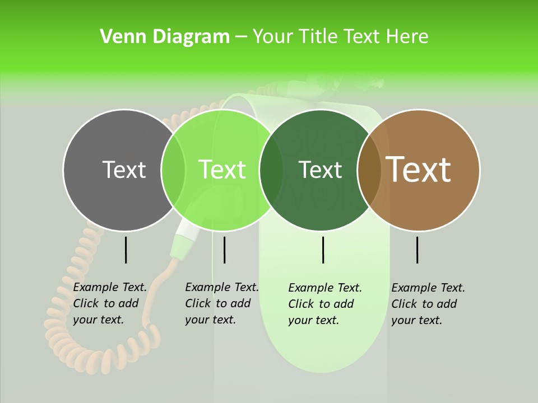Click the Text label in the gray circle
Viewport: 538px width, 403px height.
(x=124, y=170)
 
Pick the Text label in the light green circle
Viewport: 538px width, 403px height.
(x=222, y=170)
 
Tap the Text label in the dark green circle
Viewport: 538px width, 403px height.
(x=320, y=170)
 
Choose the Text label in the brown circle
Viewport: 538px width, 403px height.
(x=419, y=170)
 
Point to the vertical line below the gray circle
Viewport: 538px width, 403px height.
(x=126, y=250)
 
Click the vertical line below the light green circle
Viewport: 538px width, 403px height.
(x=224, y=250)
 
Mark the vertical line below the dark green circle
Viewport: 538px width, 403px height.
(x=323, y=250)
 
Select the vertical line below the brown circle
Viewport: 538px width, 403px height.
(x=418, y=250)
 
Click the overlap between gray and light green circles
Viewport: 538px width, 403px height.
(x=173, y=170)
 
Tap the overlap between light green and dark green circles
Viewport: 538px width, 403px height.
(x=271, y=170)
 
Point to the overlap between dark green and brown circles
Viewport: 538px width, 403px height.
(x=369, y=170)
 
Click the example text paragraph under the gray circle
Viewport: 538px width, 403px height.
(x=110, y=303)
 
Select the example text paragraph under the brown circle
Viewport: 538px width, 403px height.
(x=428, y=304)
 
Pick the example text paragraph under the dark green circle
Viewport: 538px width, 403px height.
(x=325, y=304)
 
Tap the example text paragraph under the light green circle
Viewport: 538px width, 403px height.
(x=222, y=303)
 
